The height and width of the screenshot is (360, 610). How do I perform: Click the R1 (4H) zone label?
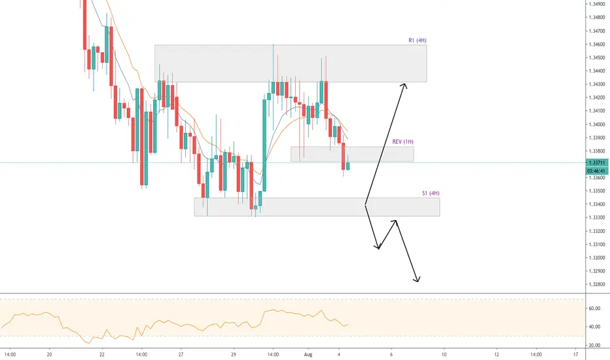[418, 40]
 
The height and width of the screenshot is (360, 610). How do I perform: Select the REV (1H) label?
[403, 141]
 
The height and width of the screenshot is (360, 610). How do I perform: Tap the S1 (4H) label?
[431, 193]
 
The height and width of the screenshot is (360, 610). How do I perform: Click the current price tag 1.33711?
[597, 163]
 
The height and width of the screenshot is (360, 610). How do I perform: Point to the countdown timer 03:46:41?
[597, 171]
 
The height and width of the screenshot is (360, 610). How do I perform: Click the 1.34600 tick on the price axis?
[597, 45]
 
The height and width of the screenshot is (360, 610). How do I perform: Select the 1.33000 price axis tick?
[597, 258]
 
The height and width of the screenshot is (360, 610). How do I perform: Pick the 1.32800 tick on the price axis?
[597, 285]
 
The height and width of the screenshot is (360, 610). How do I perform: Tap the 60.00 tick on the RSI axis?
[595, 309]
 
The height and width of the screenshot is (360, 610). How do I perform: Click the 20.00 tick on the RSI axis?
[595, 346]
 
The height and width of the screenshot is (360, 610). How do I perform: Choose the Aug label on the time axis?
[308, 355]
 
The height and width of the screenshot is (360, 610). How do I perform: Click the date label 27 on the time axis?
[181, 355]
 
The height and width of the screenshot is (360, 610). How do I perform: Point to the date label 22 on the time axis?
[102, 355]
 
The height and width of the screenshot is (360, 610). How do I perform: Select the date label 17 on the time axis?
[575, 355]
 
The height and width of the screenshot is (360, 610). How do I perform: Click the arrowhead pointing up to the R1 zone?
[404, 86]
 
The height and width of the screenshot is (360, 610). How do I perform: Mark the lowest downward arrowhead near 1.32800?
[417, 279]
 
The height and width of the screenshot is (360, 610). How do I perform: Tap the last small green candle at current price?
[348, 166]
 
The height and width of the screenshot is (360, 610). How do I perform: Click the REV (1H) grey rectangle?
[352, 154]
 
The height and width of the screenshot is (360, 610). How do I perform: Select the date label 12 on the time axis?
[496, 355]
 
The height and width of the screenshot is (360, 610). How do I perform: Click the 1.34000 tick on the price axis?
[597, 124]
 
